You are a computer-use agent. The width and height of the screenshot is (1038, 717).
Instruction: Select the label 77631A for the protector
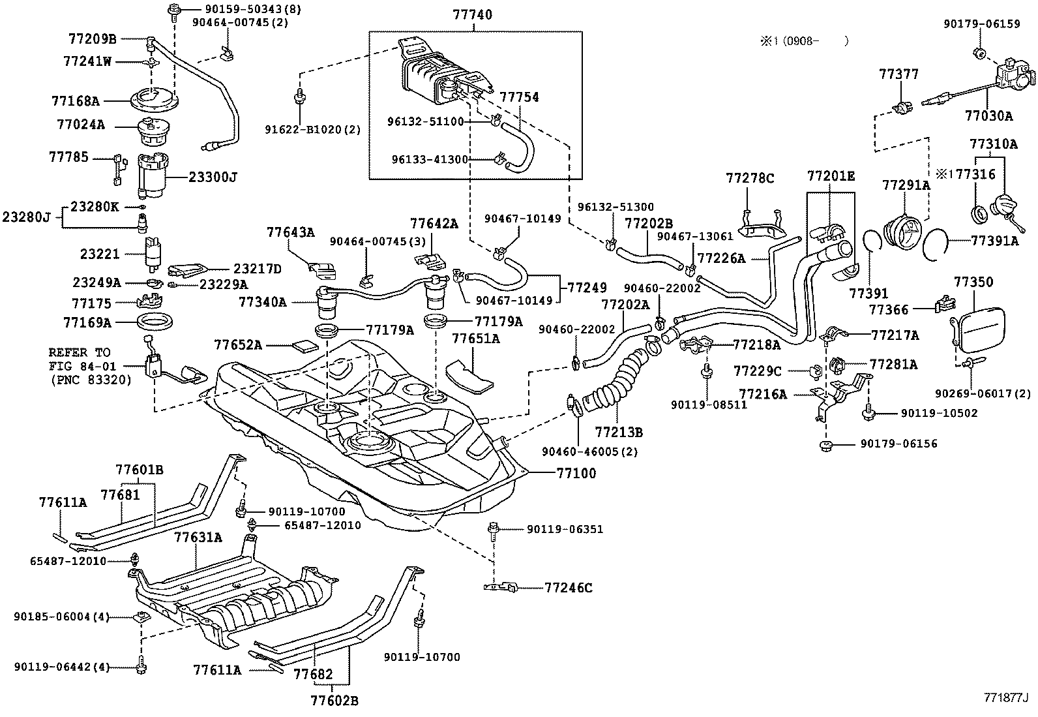[x=198, y=538]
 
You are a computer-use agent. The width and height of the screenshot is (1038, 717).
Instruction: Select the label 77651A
[x=476, y=338]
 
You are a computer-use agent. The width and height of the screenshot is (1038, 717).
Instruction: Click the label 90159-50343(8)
[x=228, y=10]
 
